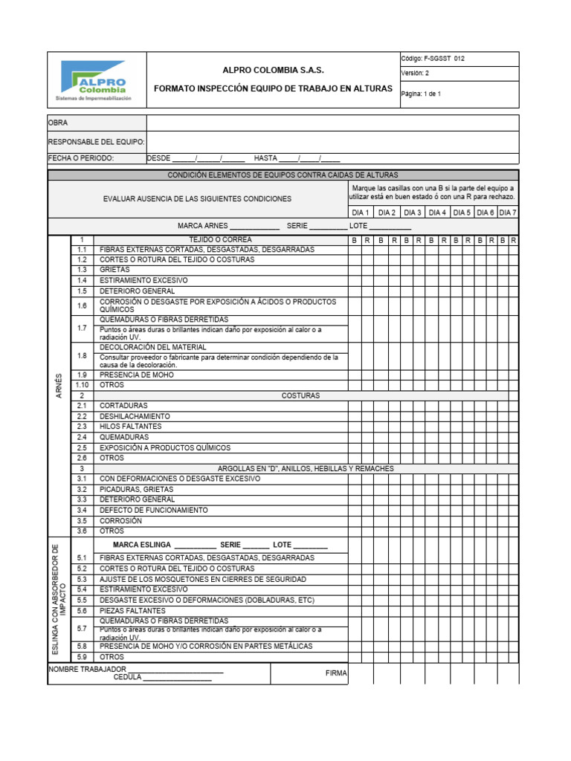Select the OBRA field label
pos(59,123)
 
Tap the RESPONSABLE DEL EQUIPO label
pos(96,141)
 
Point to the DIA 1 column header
pos(361,213)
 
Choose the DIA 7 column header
pos(508,213)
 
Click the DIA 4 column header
pos(437,213)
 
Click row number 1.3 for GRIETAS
pos(82,270)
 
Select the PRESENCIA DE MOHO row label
pos(137,375)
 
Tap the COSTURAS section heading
pos(300,395)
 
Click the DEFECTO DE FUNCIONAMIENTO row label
pos(154,511)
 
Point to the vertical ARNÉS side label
pos(59,385)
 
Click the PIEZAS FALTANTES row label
pos(132,610)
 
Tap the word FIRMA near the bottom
pos(336,673)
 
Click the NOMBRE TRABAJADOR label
pos(82,669)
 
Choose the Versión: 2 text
pos(415,74)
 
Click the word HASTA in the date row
pos(265,158)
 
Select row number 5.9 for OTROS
pos(82,657)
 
